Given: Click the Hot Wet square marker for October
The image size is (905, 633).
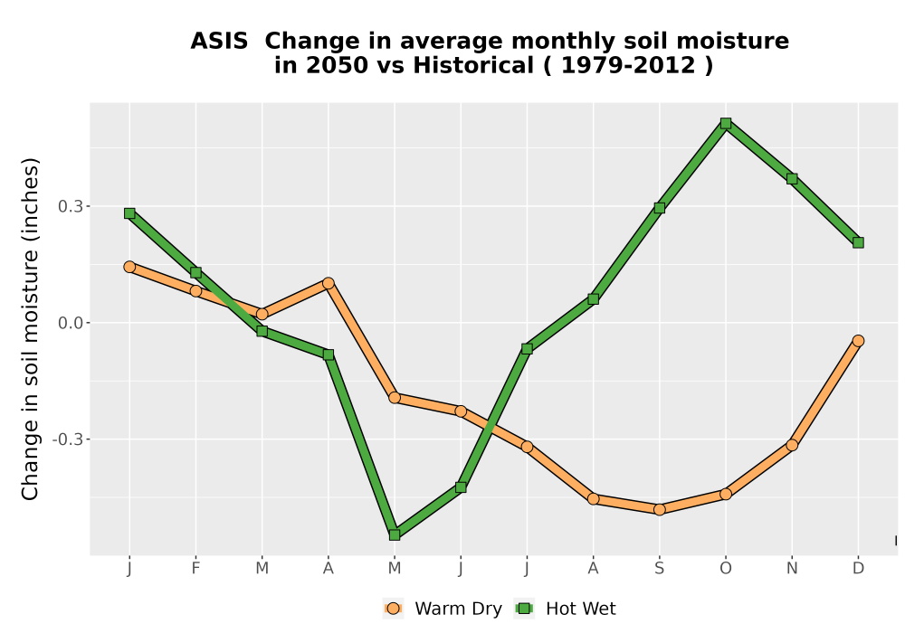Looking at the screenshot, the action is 726,123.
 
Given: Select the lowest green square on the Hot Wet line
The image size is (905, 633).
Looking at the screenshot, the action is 395,535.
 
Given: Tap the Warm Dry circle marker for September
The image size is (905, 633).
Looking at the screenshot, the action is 659,509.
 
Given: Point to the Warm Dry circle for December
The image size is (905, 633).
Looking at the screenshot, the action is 858,341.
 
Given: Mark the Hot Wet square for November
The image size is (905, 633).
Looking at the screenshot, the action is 792,179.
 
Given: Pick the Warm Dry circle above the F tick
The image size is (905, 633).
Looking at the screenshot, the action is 195,291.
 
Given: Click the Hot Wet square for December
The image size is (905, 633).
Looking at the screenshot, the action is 858,242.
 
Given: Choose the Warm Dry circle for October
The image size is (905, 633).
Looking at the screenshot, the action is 726,494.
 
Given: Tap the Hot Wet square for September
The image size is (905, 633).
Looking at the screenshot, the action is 659,208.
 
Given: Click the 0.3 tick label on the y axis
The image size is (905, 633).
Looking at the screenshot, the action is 70,206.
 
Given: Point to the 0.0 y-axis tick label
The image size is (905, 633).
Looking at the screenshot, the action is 70,323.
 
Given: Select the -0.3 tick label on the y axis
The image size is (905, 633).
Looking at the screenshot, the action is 67,439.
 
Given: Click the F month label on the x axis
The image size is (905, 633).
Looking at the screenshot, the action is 195,569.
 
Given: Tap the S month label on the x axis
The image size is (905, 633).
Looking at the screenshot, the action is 659,569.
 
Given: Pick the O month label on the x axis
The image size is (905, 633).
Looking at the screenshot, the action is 726,569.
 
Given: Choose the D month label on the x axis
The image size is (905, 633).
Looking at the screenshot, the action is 858,569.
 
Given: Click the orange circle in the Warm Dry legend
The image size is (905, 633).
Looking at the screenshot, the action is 393,609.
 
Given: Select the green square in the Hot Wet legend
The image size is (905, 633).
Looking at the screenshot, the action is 524,609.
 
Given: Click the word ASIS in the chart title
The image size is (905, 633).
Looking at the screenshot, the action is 219,42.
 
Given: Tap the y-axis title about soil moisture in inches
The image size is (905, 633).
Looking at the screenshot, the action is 30,328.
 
